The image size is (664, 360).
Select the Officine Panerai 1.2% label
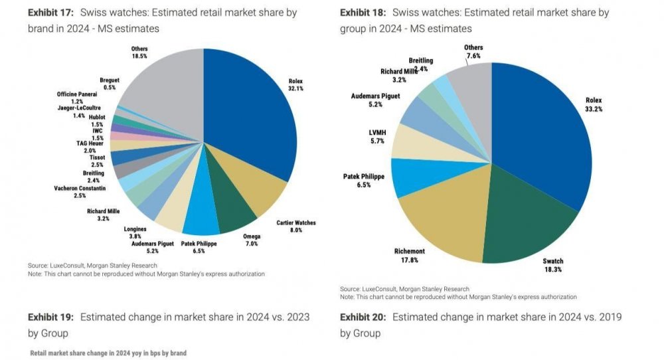tap(77, 98)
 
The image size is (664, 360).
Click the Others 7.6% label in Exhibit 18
tap(473, 52)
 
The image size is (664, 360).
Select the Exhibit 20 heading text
tap(481, 325)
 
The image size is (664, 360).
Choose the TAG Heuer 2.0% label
tap(90, 147)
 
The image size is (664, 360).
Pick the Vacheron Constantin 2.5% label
tap(80, 192)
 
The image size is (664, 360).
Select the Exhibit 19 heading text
tap(169, 325)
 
